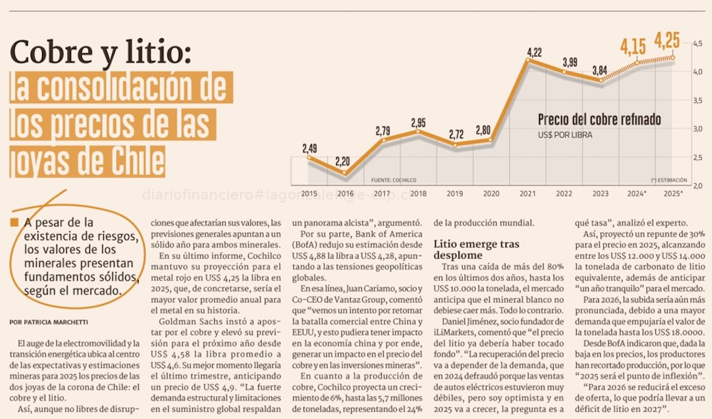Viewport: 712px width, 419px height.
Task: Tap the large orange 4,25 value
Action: pos(666,39)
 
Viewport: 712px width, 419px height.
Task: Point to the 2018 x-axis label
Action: pos(419,193)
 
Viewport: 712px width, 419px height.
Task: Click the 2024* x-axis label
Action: pos(637,193)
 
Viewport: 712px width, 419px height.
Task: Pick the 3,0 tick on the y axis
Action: pos(698,129)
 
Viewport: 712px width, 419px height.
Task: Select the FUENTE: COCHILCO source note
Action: pos(393,180)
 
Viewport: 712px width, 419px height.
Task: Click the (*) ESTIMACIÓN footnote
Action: pos(669,180)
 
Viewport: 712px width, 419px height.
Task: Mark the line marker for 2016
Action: pos(346,172)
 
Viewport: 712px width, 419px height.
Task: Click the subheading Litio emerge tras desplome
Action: pos(476,249)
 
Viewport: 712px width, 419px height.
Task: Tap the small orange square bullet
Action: pos(14,223)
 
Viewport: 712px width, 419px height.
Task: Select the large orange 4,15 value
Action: pos(633,48)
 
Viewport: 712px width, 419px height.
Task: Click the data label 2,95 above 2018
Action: pos(419,122)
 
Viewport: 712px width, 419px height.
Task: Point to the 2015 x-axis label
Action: pos(310,193)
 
